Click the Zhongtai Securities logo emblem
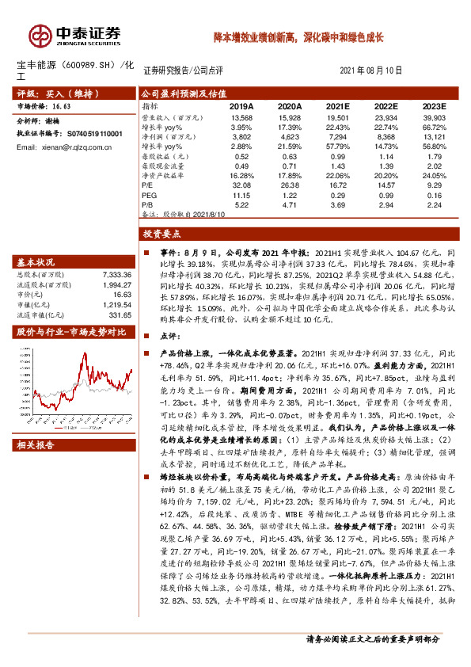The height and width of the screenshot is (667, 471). pos(40,34)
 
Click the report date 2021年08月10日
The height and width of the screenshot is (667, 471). pos(376,71)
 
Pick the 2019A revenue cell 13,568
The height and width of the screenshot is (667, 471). pos(241,116)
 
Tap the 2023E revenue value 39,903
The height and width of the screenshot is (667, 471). pos(435,116)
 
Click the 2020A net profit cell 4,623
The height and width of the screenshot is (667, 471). pos(290,136)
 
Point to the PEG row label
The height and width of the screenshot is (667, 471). pos(147,194)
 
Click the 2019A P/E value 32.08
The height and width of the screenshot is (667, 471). pos(241,185)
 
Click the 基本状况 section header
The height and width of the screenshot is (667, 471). pos(36,261)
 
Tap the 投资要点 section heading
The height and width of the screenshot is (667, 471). pos(162,234)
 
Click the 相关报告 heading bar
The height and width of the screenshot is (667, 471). pos(36,445)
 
